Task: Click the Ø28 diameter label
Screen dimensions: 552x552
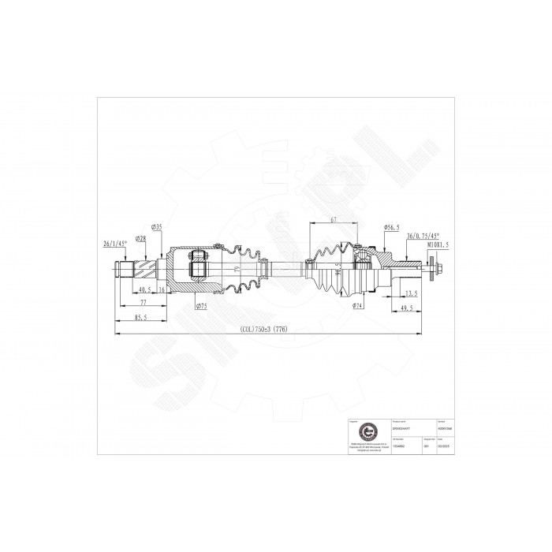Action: click(x=142, y=238)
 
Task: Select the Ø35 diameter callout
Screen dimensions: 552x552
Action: click(x=157, y=227)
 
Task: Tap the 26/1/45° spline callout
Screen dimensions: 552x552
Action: click(x=115, y=244)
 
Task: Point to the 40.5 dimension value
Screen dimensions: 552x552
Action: click(x=144, y=289)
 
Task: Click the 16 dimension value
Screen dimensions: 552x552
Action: click(x=162, y=289)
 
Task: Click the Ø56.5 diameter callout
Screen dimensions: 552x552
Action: click(x=393, y=227)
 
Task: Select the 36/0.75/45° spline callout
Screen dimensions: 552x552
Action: click(x=423, y=235)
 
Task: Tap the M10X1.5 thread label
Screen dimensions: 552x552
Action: click(x=438, y=245)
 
